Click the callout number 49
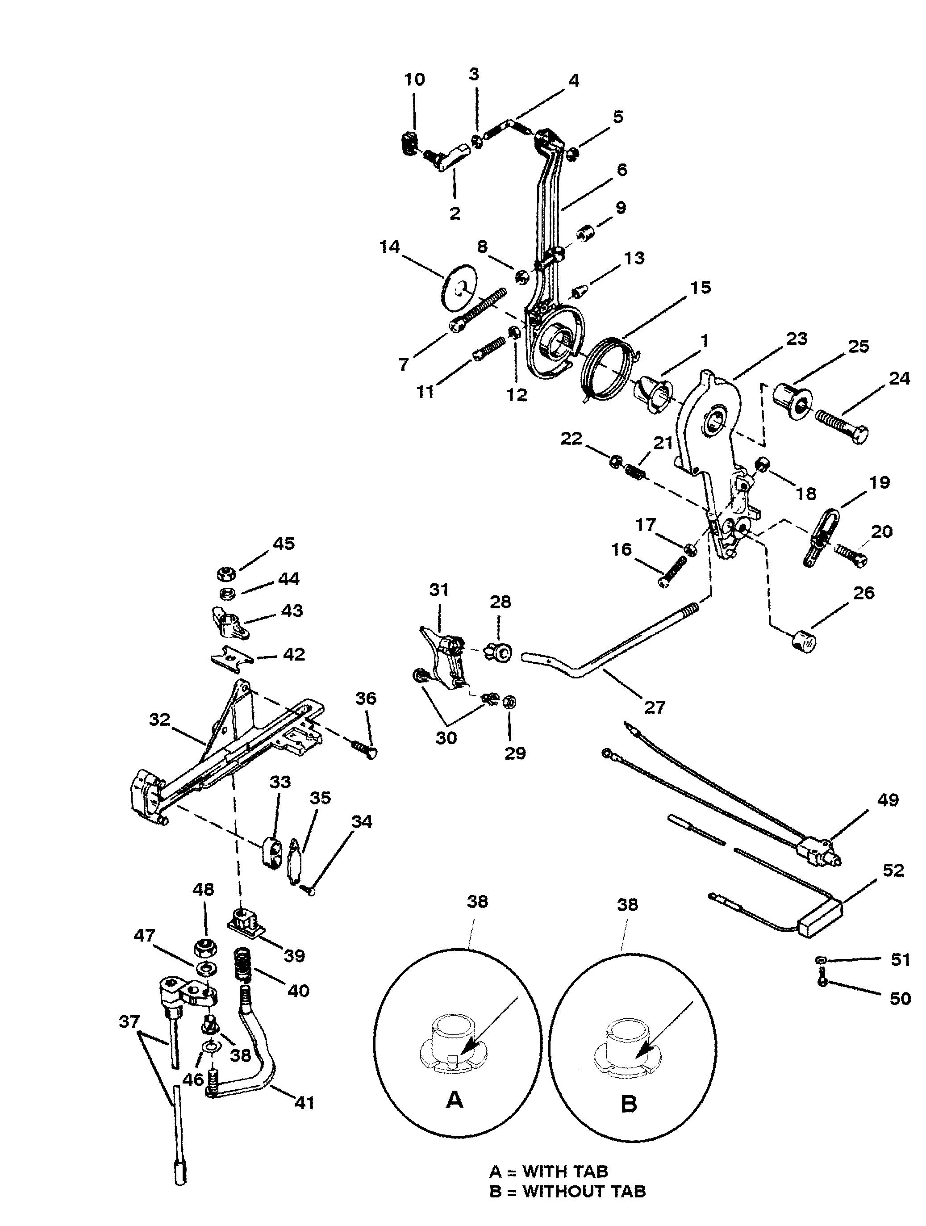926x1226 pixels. tap(888, 800)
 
